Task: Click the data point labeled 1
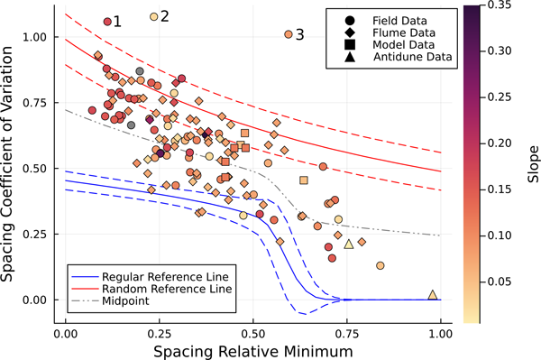107,22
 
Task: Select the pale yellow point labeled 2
154,16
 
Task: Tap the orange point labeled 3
289,34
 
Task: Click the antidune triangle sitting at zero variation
433,294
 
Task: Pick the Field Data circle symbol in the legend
350,21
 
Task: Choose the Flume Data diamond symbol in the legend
350,32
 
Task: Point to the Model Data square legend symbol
350,45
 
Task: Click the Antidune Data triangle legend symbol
350,57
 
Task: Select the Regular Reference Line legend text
165,277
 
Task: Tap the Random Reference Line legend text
167,289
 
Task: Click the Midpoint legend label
125,300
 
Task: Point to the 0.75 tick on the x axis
347,334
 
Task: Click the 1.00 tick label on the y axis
34,37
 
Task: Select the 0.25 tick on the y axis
34,234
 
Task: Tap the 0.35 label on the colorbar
500,5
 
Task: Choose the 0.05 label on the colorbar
500,282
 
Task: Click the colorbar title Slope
533,164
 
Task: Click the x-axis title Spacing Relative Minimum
253,352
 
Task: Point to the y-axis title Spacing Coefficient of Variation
7,164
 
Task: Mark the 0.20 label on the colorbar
500,143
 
